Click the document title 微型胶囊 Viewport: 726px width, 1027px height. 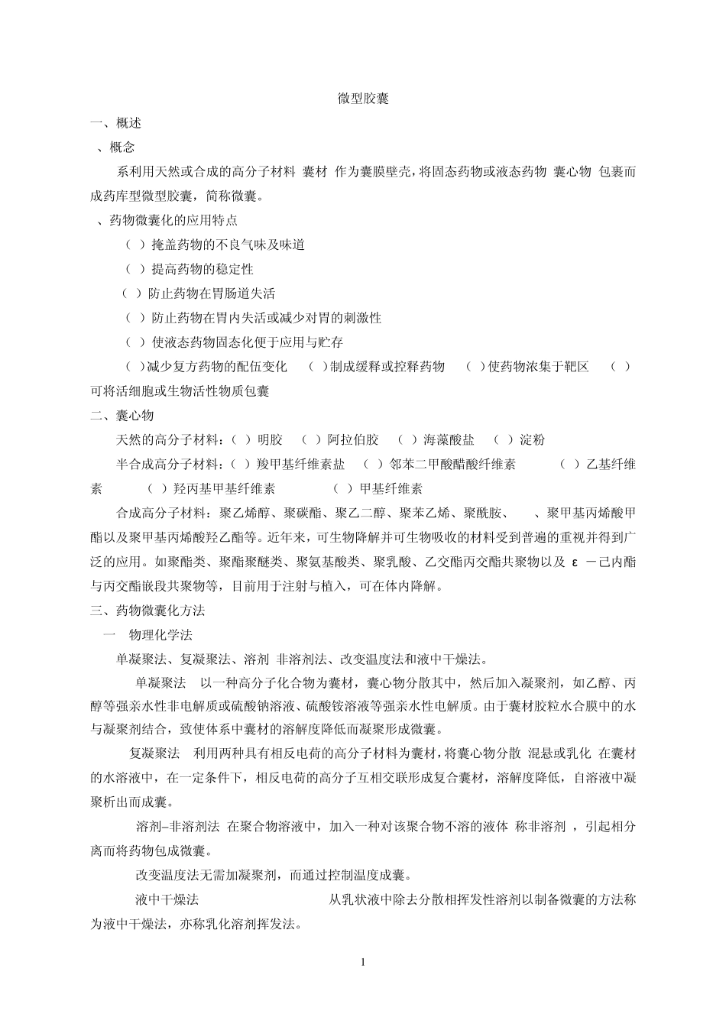click(x=363, y=99)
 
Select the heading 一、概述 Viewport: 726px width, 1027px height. click(x=115, y=124)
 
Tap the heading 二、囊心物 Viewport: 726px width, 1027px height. click(x=122, y=416)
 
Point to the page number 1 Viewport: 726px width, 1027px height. click(x=363, y=962)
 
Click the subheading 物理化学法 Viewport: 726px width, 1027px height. click(x=160, y=635)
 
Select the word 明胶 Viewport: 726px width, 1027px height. click(x=270, y=440)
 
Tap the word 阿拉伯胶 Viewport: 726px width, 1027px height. click(x=353, y=440)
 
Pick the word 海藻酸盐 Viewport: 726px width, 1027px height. click(x=449, y=440)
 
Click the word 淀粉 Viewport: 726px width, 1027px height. click(x=532, y=440)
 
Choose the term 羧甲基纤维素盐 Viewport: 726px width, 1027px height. click(x=301, y=465)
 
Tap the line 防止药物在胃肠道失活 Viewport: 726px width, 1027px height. click(x=212, y=293)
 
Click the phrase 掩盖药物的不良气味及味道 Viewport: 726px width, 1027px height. click(x=228, y=245)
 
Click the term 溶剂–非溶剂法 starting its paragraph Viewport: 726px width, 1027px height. click(x=177, y=826)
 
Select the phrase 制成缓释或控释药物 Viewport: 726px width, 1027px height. click(x=387, y=367)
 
